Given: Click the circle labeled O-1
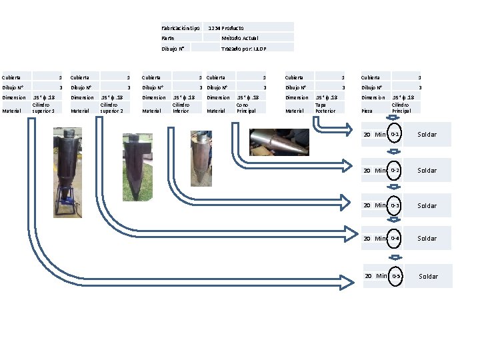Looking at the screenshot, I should (395, 135).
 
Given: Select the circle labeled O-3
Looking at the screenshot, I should (395, 205).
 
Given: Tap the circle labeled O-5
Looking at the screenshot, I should (396, 276).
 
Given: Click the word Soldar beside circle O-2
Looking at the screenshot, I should (427, 171).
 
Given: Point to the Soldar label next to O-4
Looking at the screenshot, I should (427, 239).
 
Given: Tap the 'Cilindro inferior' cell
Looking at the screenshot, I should (181, 107).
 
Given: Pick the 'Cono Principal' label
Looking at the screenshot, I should (246, 107).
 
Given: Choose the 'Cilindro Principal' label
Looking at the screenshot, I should (401, 107).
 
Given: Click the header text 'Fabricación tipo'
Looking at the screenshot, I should (180, 28).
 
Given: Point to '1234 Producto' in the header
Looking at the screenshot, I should (226, 28).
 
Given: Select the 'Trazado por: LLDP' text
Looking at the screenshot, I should (243, 49).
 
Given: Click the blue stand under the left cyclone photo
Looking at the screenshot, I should (67, 200).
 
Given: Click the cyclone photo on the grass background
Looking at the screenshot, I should (137, 167).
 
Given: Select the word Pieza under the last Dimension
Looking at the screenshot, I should (367, 111).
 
